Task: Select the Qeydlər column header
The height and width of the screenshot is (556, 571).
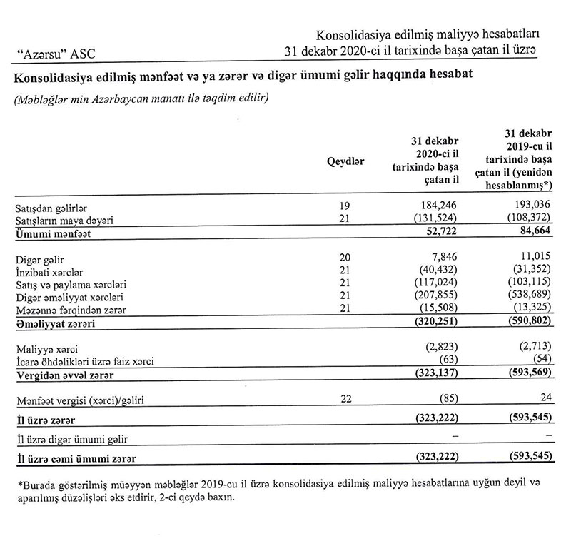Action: point(345,161)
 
